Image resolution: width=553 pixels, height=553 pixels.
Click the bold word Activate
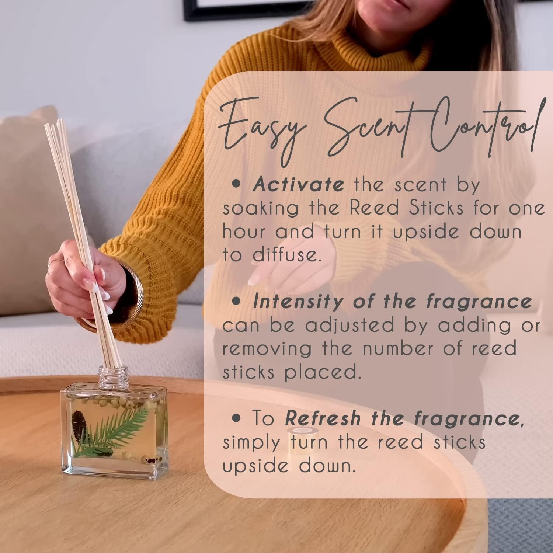(x=298, y=184)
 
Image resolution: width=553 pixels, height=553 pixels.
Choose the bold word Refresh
(x=323, y=418)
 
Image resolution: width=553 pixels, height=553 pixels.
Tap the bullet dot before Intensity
(x=238, y=302)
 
